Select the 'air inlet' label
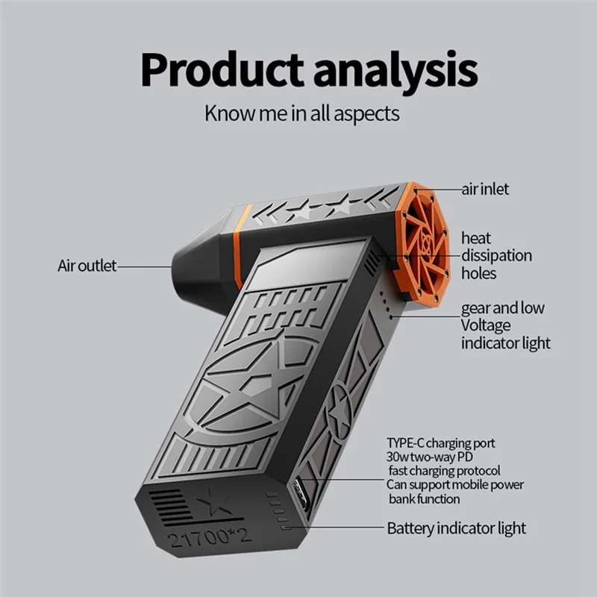484,190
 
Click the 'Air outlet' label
87,266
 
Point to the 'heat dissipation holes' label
496,256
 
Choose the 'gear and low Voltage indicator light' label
504,325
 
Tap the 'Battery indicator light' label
456,528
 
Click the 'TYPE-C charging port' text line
440,443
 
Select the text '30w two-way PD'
431,457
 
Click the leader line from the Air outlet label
146,266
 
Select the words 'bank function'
423,499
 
